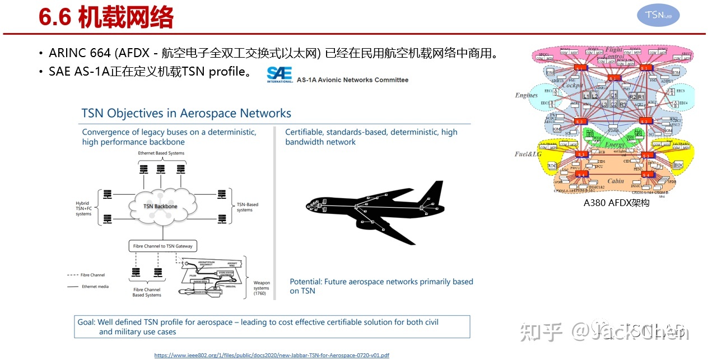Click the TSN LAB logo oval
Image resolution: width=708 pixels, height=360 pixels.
[x=658, y=16]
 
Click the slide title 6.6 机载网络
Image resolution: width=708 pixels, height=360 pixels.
[x=106, y=17]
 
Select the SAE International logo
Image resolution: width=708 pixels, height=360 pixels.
[x=280, y=74]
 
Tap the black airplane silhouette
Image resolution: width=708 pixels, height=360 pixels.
[x=374, y=210]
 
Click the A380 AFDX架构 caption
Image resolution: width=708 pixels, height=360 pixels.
[x=616, y=203]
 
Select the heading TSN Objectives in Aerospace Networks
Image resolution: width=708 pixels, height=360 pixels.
[x=186, y=113]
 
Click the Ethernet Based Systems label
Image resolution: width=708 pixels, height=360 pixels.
[x=161, y=152]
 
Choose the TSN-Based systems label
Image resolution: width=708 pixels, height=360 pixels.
[x=248, y=207]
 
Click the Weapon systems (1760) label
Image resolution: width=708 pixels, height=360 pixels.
[x=262, y=288]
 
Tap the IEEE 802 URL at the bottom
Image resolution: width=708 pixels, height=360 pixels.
[x=272, y=355]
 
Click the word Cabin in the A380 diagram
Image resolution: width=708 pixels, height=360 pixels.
[x=616, y=181]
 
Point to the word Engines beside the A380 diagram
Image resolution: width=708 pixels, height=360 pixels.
[x=526, y=95]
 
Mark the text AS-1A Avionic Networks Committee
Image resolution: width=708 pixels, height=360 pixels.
[x=352, y=80]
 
